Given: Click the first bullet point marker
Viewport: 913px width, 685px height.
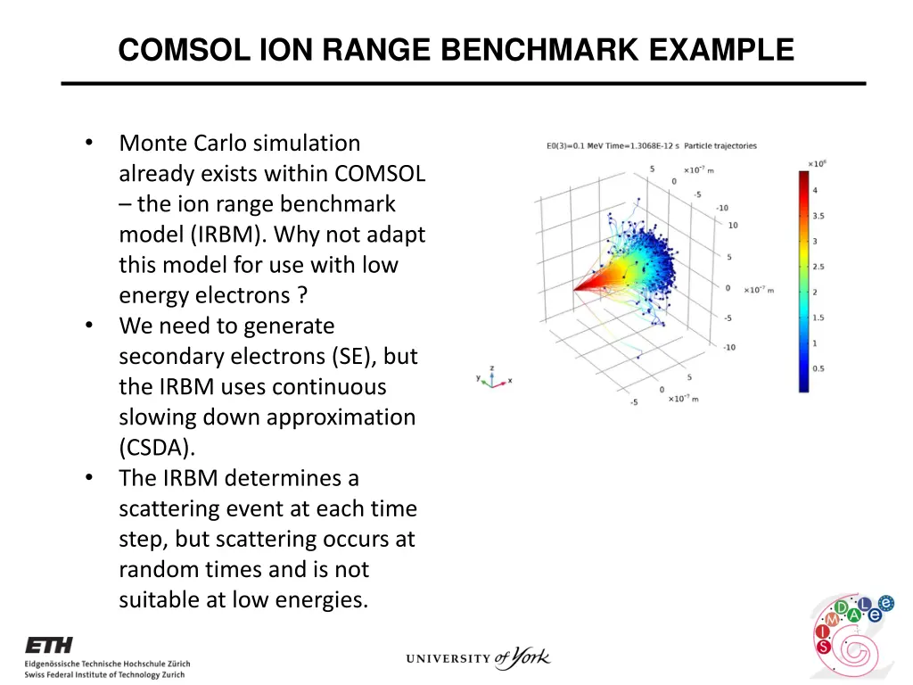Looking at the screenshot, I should (89, 144).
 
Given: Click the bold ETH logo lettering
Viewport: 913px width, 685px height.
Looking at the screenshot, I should (49, 645).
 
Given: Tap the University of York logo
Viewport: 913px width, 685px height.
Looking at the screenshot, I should (478, 659).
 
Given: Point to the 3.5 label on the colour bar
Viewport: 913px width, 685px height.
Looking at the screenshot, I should (818, 216).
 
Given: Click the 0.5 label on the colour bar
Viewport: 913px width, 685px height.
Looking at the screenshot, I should (818, 368).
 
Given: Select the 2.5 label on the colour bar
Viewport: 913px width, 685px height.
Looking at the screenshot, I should (818, 267).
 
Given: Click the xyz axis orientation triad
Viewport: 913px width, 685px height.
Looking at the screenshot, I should (493, 378).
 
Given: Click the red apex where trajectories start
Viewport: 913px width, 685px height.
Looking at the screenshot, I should (576, 288).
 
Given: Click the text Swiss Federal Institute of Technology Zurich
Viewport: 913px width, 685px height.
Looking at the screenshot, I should (104, 674).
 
